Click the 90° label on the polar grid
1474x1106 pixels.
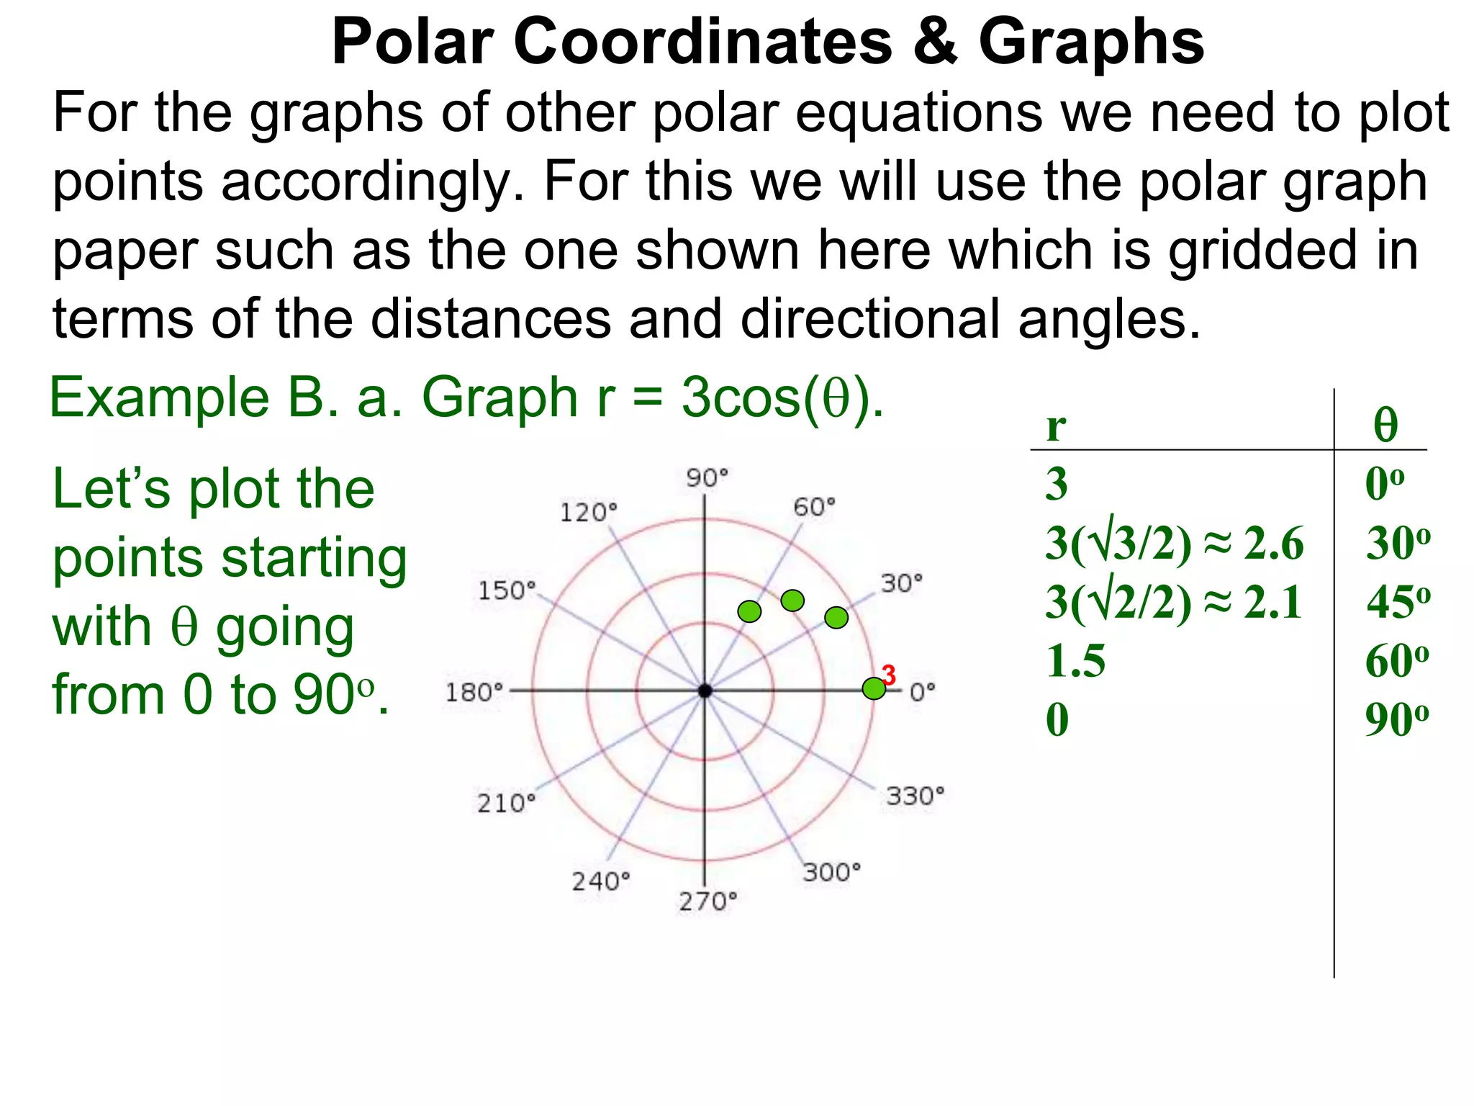(x=707, y=478)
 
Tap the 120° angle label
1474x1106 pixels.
(x=588, y=513)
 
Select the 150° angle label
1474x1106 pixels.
(x=507, y=590)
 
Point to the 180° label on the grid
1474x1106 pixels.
(x=474, y=693)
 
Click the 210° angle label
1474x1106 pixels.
(x=506, y=803)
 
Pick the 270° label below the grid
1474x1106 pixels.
(x=708, y=902)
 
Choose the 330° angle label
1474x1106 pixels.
(x=915, y=796)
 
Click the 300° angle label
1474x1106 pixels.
(x=832, y=873)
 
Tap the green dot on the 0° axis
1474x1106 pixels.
(x=874, y=689)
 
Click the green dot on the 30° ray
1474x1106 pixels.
(x=836, y=618)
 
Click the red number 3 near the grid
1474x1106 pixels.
(x=890, y=675)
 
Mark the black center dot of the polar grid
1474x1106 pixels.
(x=705, y=691)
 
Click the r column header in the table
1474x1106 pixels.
(x=1056, y=426)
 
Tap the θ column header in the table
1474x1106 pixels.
(x=1385, y=425)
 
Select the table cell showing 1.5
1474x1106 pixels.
(x=1076, y=661)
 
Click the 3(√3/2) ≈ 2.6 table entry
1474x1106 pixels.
(x=1174, y=543)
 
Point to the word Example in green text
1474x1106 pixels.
(x=159, y=397)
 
